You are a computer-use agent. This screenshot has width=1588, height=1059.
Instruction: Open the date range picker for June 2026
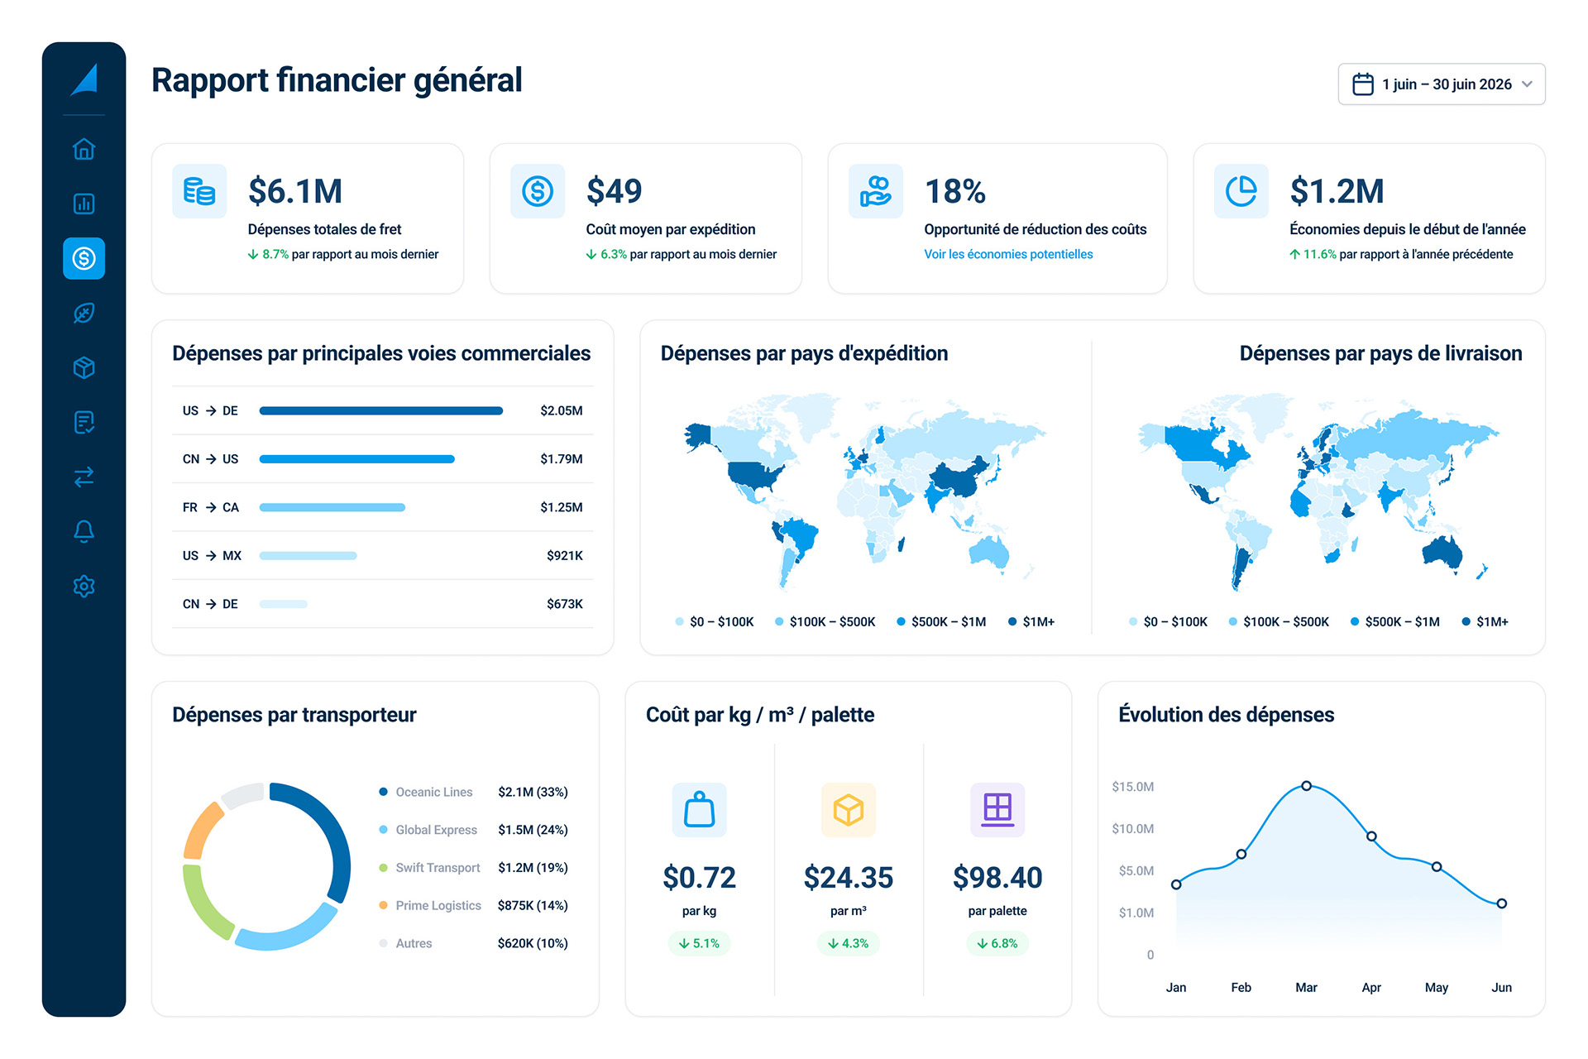[1442, 84]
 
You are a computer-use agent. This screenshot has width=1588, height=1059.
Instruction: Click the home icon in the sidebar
[84, 149]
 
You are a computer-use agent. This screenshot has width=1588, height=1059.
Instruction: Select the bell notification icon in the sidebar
[84, 531]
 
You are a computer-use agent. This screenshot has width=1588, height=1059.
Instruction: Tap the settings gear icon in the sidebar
[84, 586]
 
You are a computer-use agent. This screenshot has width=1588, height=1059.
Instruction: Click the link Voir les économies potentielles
[1008, 254]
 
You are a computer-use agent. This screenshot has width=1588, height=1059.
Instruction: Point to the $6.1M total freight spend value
[295, 191]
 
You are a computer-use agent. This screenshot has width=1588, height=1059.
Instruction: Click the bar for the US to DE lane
[380, 410]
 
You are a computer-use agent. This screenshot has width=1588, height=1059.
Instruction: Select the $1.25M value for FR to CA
[561, 507]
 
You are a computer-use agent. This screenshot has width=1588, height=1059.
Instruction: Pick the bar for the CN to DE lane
[283, 604]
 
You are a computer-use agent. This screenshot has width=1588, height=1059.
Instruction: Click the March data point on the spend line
[1306, 786]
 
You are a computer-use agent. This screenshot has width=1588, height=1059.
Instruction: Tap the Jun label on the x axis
[1501, 987]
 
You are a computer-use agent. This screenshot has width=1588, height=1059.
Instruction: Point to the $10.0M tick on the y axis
[1132, 828]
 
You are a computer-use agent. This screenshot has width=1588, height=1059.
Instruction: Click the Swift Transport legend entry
[438, 868]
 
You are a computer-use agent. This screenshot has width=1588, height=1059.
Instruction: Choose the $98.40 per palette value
[997, 877]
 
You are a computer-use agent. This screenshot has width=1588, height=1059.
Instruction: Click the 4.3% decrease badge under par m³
[849, 943]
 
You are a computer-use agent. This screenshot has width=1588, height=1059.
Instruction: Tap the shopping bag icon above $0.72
[699, 809]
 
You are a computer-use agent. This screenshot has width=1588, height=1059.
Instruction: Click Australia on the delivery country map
[1443, 552]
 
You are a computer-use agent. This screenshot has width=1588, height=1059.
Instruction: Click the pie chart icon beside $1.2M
[1241, 191]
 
